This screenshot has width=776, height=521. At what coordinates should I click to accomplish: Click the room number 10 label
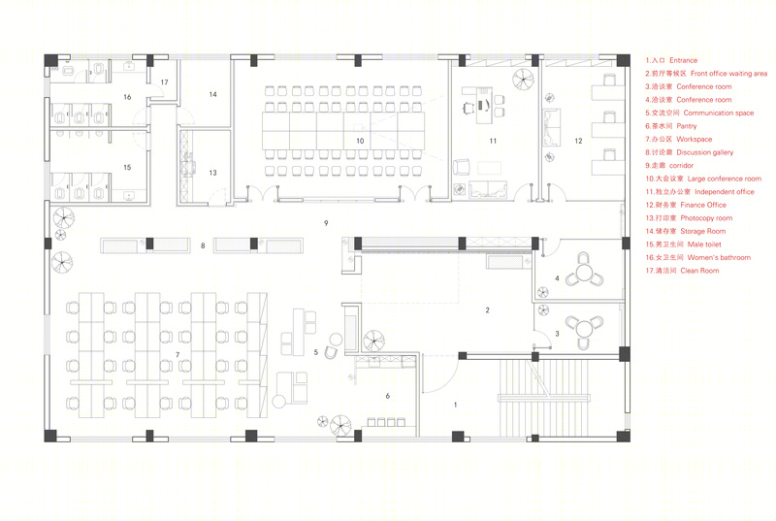click(360, 141)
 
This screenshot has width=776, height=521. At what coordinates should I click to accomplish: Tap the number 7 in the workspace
click(178, 355)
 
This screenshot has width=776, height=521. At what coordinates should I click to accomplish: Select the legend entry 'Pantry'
click(670, 126)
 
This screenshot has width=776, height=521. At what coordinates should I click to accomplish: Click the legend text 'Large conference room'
click(724, 179)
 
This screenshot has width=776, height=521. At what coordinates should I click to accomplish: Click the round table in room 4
click(585, 272)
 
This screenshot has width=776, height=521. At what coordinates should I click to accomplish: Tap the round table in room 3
click(584, 329)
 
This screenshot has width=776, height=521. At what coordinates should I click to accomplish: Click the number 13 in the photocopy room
click(212, 173)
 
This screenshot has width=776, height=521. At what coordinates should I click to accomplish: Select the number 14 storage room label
click(212, 94)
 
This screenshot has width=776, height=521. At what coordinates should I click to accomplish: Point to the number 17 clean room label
click(164, 82)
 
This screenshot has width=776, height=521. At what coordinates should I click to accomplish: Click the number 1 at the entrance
click(455, 405)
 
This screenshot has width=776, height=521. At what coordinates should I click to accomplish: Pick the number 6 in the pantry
click(387, 396)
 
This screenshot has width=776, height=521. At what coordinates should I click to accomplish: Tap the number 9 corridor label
click(326, 223)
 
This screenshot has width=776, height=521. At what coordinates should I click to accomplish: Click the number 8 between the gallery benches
click(203, 245)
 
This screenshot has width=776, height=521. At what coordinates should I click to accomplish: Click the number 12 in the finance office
click(578, 141)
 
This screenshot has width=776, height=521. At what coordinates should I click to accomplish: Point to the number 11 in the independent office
click(493, 141)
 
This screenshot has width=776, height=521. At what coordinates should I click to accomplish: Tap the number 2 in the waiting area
click(488, 310)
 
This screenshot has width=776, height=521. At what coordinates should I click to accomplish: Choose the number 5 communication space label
click(316, 352)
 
